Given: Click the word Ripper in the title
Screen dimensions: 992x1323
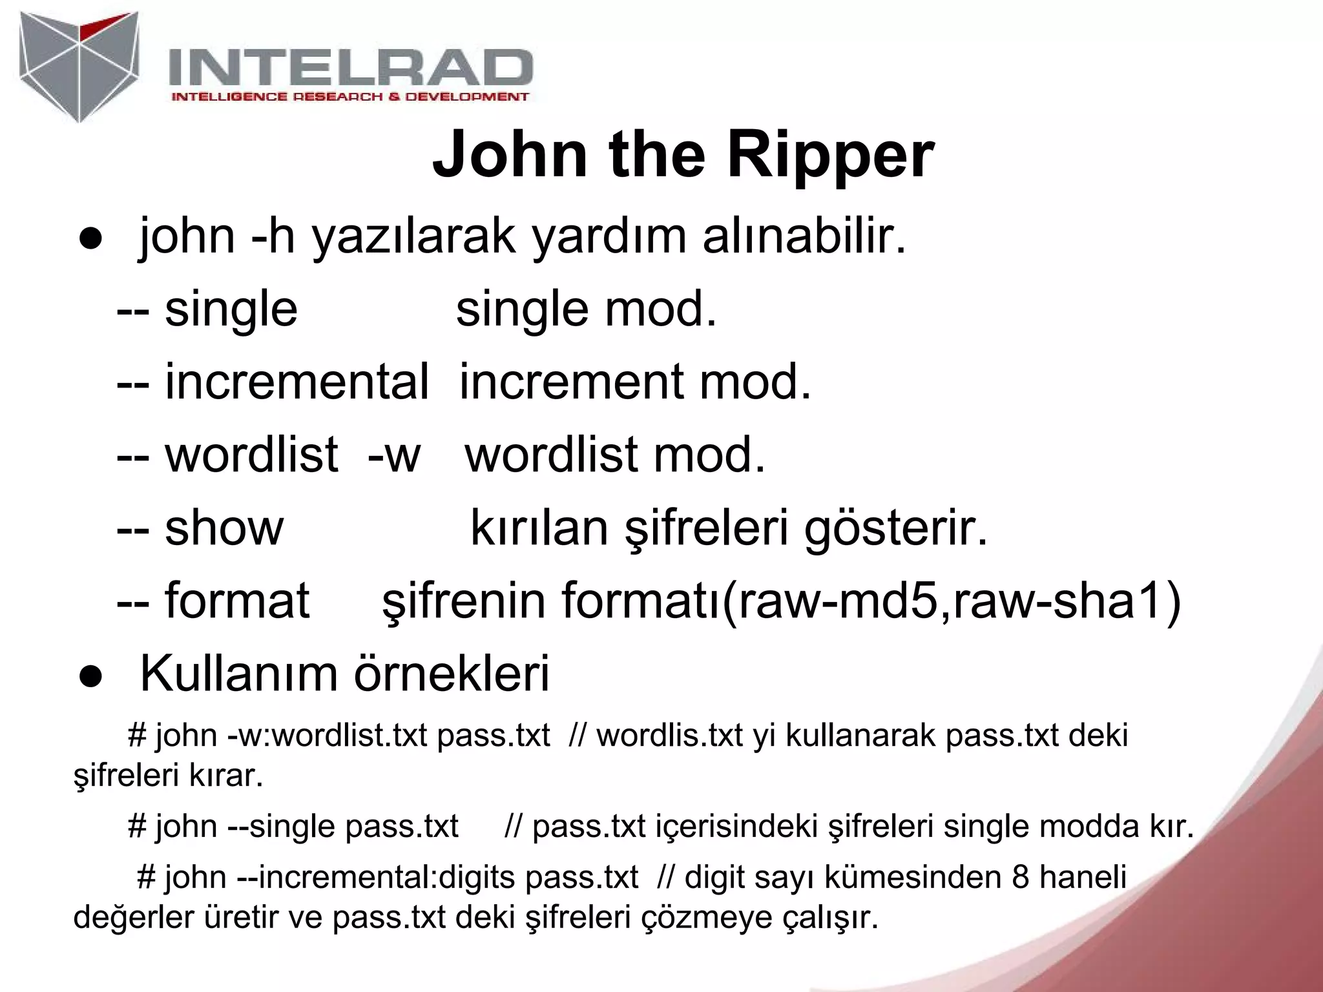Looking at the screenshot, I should pos(831,156).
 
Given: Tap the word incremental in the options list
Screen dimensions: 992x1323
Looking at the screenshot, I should pos(297,382).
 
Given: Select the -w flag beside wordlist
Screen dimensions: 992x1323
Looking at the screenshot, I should pos(394,455).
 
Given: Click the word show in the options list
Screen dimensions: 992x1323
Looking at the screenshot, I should pos(224,528).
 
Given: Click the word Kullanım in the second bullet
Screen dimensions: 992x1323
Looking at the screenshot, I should pos(238,674).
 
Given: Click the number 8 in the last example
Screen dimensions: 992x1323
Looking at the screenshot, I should pos(1021,877).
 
